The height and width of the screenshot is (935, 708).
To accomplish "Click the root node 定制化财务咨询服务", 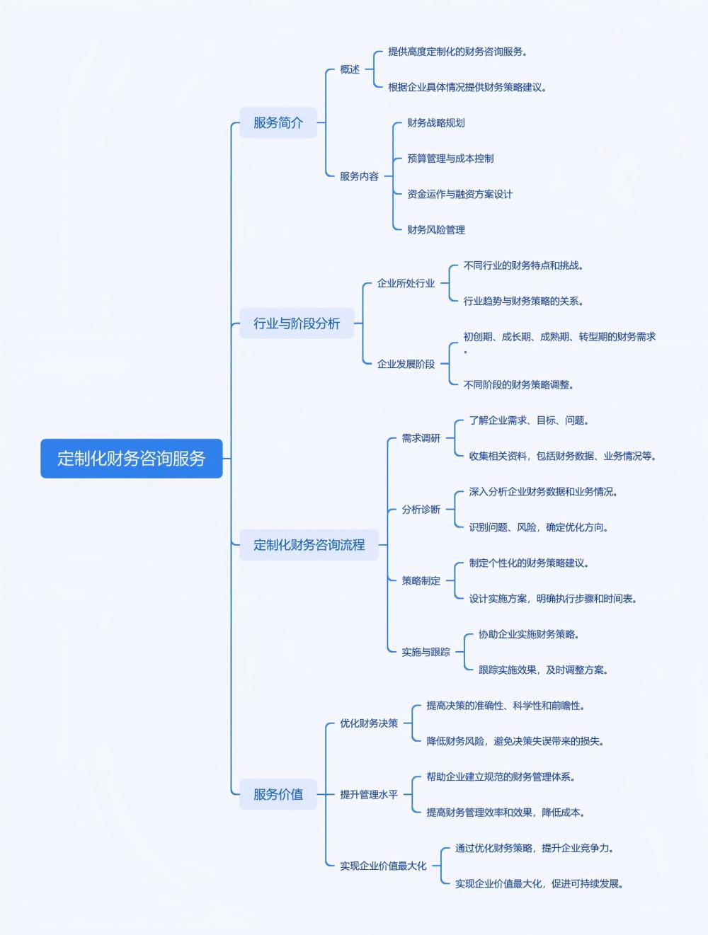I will pyautogui.click(x=131, y=458).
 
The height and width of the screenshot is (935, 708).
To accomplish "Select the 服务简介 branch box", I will pyautogui.click(x=278, y=122).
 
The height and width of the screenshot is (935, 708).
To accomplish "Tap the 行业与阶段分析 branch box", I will pyautogui.click(x=297, y=323).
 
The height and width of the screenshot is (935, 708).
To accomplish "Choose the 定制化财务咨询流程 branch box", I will pyautogui.click(x=309, y=545).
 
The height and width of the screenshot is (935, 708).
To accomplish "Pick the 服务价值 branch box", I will pyautogui.click(x=278, y=794).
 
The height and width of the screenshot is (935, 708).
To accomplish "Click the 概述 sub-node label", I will pyautogui.click(x=350, y=69).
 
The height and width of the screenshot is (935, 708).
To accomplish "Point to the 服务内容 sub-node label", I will pyautogui.click(x=359, y=176).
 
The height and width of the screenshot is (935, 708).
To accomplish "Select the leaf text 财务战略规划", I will pyautogui.click(x=436, y=123).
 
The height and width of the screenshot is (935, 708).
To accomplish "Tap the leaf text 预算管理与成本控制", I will pyautogui.click(x=450, y=159).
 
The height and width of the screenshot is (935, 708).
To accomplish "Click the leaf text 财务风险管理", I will pyautogui.click(x=436, y=229).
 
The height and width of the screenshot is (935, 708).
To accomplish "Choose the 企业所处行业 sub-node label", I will pyautogui.click(x=406, y=283).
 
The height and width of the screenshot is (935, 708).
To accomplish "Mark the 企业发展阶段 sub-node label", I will pyautogui.click(x=406, y=364).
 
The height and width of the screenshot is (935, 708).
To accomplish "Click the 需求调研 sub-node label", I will pyautogui.click(x=421, y=438).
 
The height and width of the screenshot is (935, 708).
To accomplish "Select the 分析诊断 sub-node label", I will pyautogui.click(x=421, y=510).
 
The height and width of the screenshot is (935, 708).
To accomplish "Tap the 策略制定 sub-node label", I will pyautogui.click(x=421, y=580).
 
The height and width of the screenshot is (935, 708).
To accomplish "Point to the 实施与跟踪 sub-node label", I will pyautogui.click(x=426, y=652).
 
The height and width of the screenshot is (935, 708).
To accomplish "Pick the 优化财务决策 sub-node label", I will pyautogui.click(x=369, y=723).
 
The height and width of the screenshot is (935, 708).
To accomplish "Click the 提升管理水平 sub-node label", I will pyautogui.click(x=369, y=794).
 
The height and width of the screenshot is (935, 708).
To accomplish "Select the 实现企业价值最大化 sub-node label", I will pyautogui.click(x=383, y=866).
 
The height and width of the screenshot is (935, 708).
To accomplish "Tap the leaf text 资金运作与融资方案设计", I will pyautogui.click(x=459, y=194).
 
